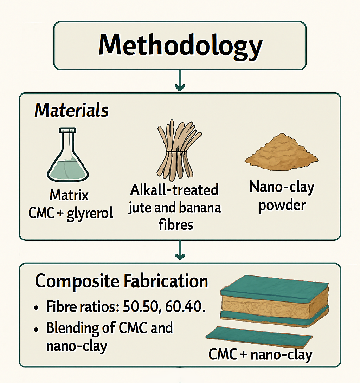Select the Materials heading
click(x=71, y=110)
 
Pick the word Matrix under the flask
click(x=69, y=195)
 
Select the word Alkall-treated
click(x=174, y=190)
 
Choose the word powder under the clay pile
click(x=282, y=205)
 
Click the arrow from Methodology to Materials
click(x=180, y=81)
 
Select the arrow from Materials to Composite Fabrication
click(x=180, y=250)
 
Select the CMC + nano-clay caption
click(x=261, y=355)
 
